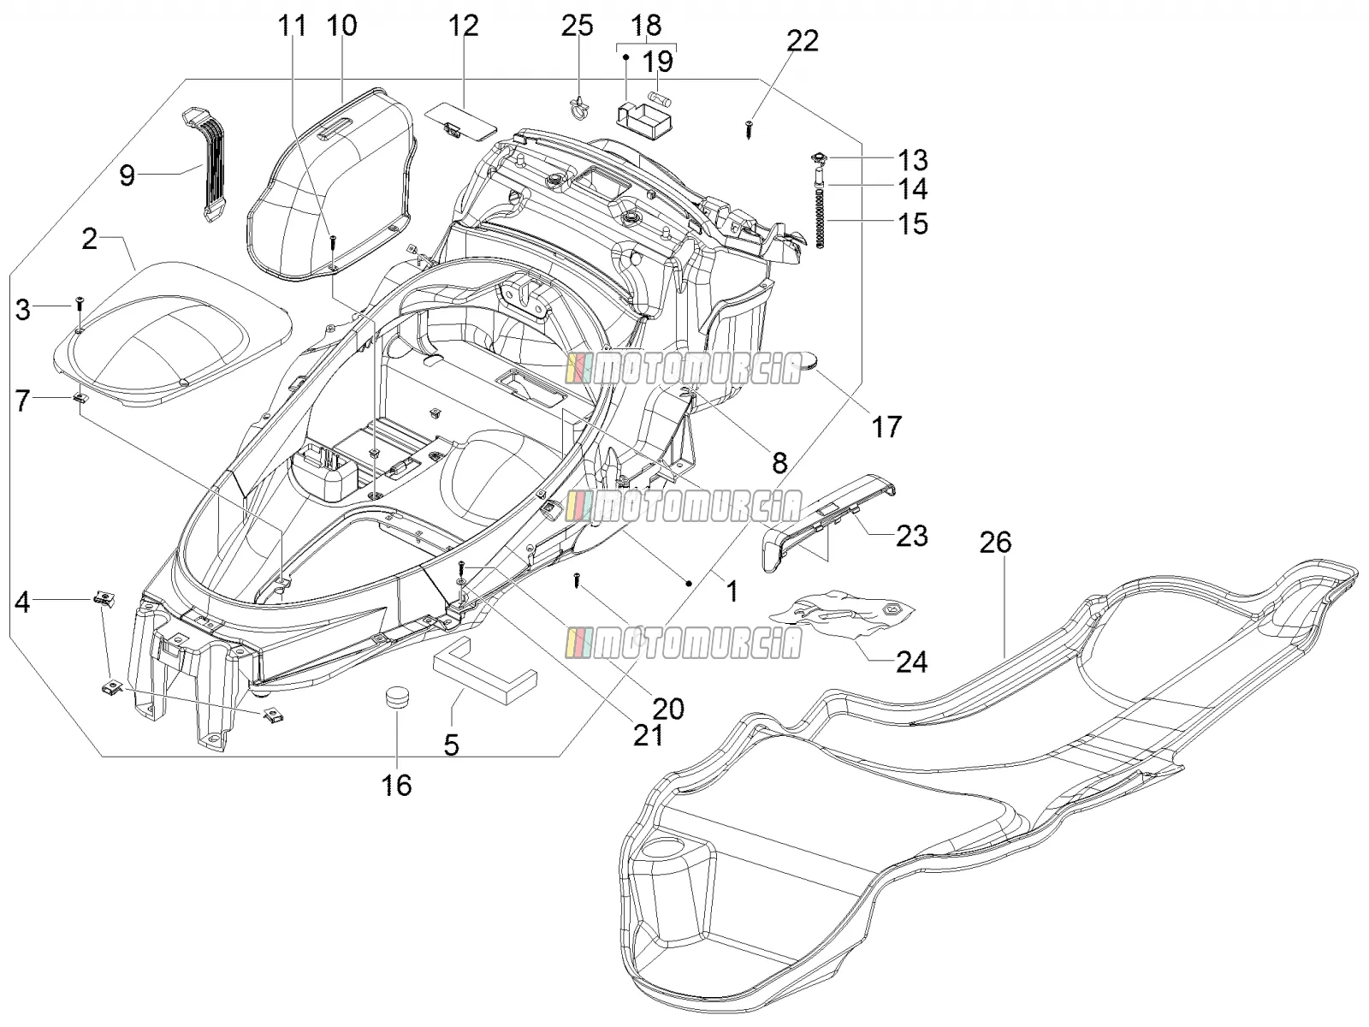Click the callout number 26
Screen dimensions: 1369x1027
pyautogui.click(x=995, y=543)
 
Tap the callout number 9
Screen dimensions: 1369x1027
pyautogui.click(x=127, y=175)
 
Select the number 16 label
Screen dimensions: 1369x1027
pyautogui.click(x=397, y=785)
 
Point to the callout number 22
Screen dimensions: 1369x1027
pyautogui.click(x=802, y=40)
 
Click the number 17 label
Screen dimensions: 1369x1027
pyautogui.click(x=886, y=427)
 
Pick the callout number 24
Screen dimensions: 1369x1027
pyautogui.click(x=912, y=662)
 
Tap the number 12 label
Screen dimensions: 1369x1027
pyautogui.click(x=463, y=26)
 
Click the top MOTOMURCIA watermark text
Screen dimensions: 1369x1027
pyautogui.click(x=684, y=369)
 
